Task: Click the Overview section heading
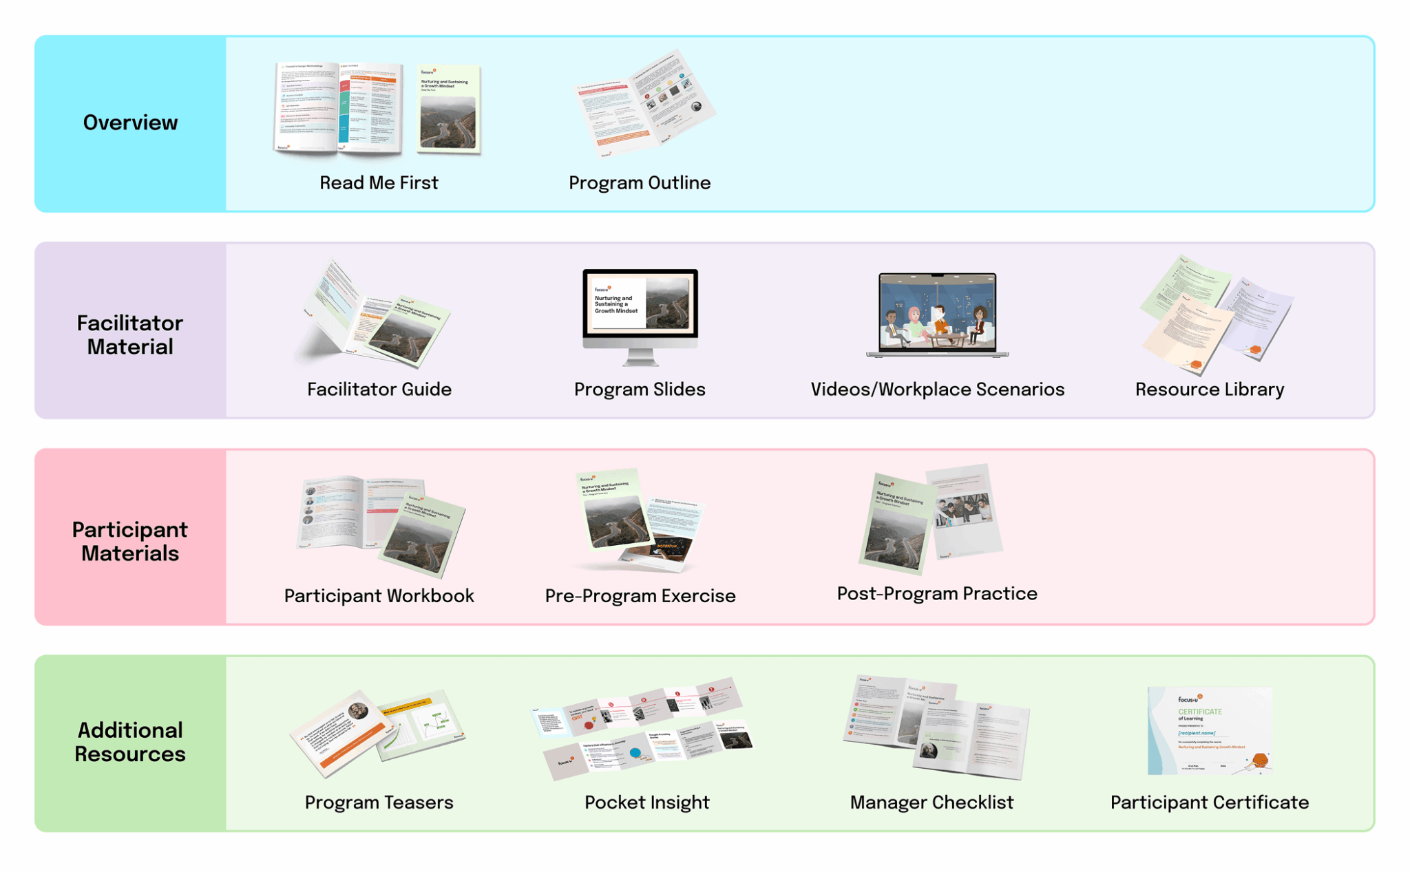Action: pos(130,123)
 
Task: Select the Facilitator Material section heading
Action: pos(130,334)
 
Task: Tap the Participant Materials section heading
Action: pos(130,541)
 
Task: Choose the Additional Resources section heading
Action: pos(130,742)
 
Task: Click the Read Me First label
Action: pos(379,183)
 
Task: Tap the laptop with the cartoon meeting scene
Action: pos(937,313)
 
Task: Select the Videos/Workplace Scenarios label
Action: pos(937,390)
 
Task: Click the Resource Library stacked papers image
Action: pos(1215,315)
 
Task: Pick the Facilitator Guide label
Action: pos(379,390)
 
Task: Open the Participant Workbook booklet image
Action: pos(381,523)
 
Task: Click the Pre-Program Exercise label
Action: pos(640,596)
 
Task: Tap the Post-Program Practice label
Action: pos(937,594)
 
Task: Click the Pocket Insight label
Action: pos(646,802)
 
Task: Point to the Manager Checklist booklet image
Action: pos(936,727)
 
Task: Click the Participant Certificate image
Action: pos(1209,731)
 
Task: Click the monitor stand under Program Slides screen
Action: pos(640,358)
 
